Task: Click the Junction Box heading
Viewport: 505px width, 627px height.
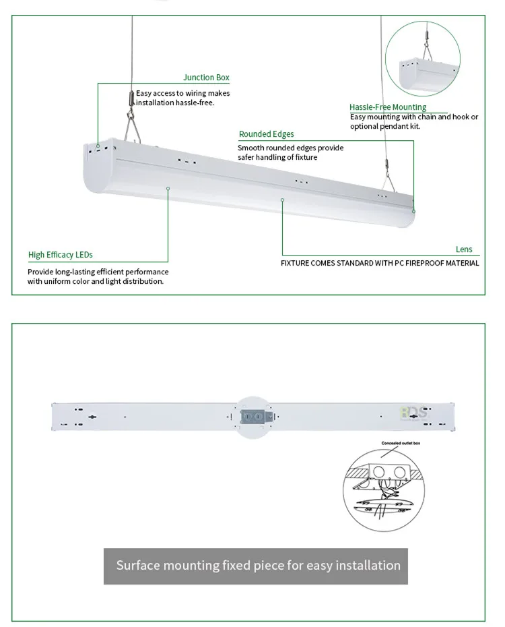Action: (x=206, y=78)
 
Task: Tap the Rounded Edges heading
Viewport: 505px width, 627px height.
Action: (x=266, y=134)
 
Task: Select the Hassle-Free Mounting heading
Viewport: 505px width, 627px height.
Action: (x=387, y=107)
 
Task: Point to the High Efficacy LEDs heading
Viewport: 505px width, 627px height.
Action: (x=60, y=255)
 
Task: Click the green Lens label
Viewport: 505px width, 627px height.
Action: (x=464, y=249)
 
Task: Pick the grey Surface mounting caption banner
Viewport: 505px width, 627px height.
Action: (x=258, y=565)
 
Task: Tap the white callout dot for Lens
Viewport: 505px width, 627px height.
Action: (x=283, y=200)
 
